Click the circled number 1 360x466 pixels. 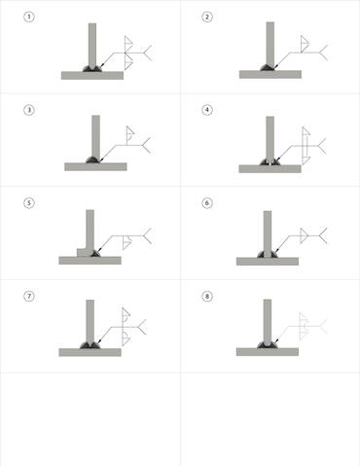pyautogui.click(x=29, y=17)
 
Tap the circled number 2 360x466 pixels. pyautogui.click(x=207, y=17)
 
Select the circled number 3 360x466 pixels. pyautogui.click(x=29, y=110)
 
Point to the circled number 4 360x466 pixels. pyautogui.click(x=207, y=110)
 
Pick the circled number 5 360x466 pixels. pyautogui.click(x=29, y=203)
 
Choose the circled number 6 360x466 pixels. pyautogui.click(x=207, y=203)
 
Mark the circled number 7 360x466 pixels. pyautogui.click(x=29, y=296)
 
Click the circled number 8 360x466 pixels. pyautogui.click(x=207, y=296)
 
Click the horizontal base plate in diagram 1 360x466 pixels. pyautogui.click(x=92, y=76)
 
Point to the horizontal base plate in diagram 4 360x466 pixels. pyautogui.click(x=270, y=168)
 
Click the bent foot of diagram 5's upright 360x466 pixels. pyautogui.click(x=85, y=252)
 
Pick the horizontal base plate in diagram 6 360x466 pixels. pyautogui.click(x=268, y=262)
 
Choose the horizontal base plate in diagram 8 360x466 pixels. pyautogui.click(x=268, y=352)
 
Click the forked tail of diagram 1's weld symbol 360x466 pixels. pyautogui.click(x=146, y=53)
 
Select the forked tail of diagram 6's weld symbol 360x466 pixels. pyautogui.click(x=323, y=235)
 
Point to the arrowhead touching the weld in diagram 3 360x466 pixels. pyautogui.click(x=100, y=160)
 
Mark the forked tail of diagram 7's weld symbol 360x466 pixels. pyautogui.click(x=141, y=327)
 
